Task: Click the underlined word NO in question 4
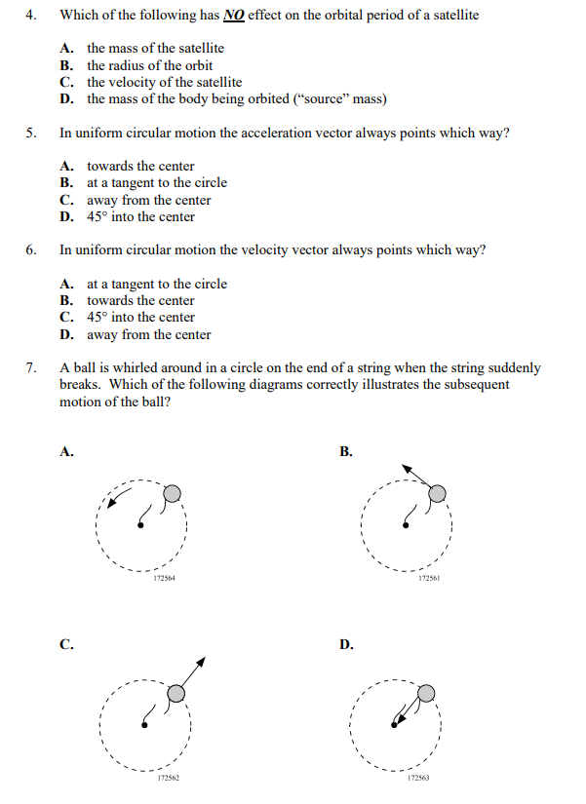[x=234, y=17]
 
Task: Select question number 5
[x=31, y=134]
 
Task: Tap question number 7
[x=31, y=368]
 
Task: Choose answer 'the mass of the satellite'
[x=155, y=48]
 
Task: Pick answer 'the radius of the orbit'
[x=149, y=65]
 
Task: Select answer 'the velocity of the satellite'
[x=164, y=82]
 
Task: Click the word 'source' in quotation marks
[x=328, y=99]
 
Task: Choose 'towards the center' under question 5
[x=140, y=166]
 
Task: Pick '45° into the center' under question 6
[x=140, y=318]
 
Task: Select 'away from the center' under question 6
[x=148, y=334]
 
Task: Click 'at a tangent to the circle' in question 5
[x=156, y=183]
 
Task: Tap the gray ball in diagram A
[x=172, y=493]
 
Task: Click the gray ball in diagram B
[x=439, y=493]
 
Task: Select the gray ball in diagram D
[x=426, y=693]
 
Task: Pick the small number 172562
[x=168, y=780]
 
